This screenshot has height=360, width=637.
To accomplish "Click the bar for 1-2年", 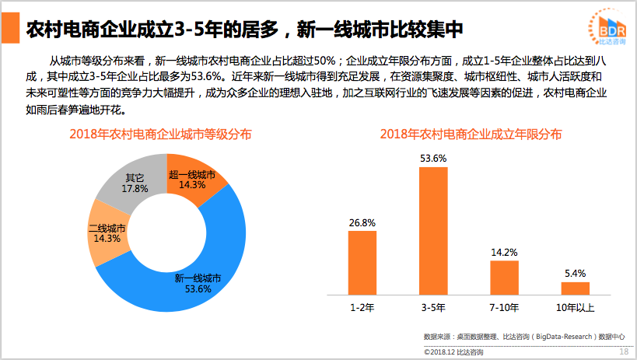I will click(362, 262).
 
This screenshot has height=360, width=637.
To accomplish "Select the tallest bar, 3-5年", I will click(433, 231).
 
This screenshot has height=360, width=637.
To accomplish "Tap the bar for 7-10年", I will click(504, 278).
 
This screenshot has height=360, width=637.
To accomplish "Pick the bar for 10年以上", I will click(576, 288).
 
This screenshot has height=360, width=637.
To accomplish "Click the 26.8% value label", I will click(362, 222).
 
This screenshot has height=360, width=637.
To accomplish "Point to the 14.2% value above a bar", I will click(504, 252).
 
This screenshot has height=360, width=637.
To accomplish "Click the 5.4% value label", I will click(576, 273).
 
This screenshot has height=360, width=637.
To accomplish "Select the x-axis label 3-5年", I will click(433, 307).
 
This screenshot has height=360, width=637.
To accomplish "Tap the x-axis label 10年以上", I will click(576, 307).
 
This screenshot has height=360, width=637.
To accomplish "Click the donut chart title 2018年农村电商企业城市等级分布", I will click(160, 134).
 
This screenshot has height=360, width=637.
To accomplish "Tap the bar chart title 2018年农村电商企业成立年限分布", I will click(471, 134).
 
